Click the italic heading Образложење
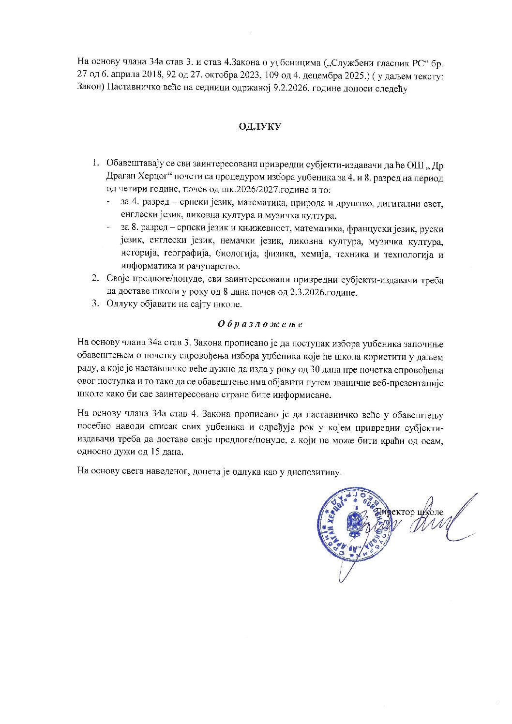260,324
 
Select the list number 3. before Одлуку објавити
96,304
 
